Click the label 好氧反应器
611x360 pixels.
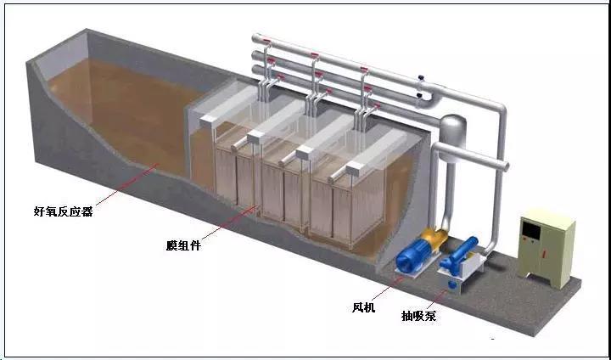63,208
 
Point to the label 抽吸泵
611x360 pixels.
419,316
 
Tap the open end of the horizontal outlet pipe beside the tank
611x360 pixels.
505,163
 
